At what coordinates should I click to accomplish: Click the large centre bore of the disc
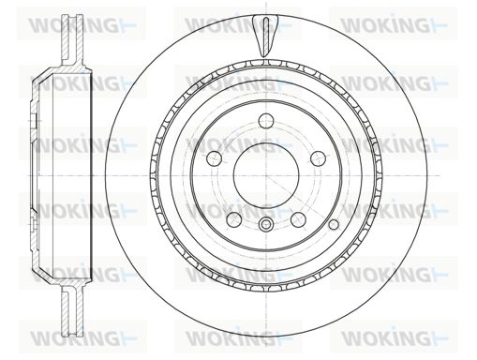266,176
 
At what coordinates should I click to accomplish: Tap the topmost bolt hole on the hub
266,121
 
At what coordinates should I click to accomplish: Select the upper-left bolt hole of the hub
215,158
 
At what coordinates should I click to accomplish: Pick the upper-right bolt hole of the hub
318,158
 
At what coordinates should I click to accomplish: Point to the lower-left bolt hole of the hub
234,219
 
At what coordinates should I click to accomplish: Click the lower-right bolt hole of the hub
298,219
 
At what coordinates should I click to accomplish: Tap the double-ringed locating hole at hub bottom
266,224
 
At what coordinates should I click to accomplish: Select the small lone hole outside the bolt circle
334,224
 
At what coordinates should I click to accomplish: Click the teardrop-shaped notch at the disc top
265,36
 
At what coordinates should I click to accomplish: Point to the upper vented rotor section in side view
72,40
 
